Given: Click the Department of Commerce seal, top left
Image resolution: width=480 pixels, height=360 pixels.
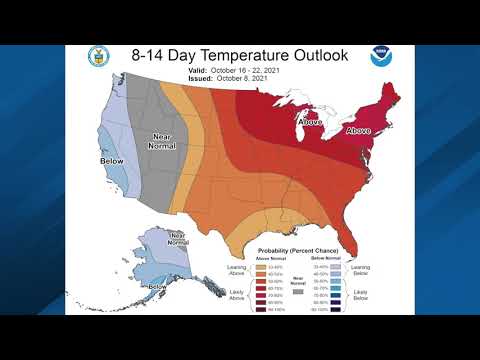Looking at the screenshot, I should [x=98, y=57].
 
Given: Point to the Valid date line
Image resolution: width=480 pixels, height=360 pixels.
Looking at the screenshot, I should [x=240, y=72].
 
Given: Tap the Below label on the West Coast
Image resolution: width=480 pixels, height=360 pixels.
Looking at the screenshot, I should [x=112, y=160].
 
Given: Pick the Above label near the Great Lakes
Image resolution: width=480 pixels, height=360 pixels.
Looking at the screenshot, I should [x=311, y=122].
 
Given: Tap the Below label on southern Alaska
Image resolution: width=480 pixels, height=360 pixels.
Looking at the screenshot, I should [x=158, y=287].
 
